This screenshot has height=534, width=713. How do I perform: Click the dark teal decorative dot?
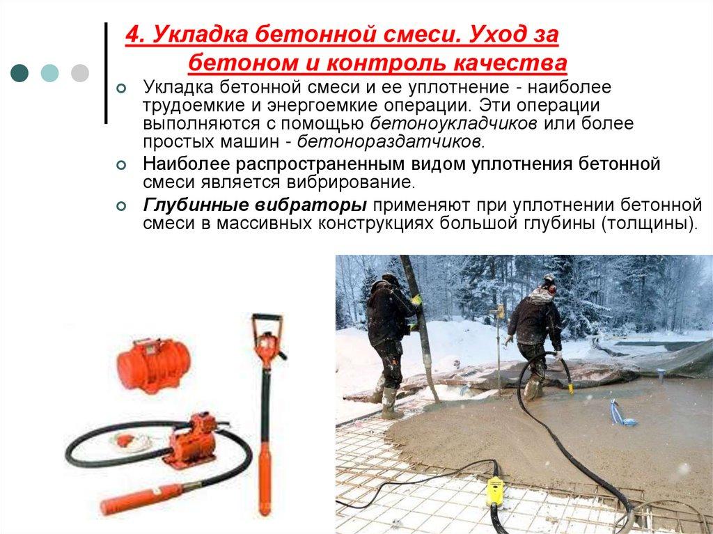point(20,72)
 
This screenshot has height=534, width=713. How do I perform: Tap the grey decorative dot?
point(80,72)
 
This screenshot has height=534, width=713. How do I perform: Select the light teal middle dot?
point(50,72)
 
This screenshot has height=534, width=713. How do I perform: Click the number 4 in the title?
point(132,34)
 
